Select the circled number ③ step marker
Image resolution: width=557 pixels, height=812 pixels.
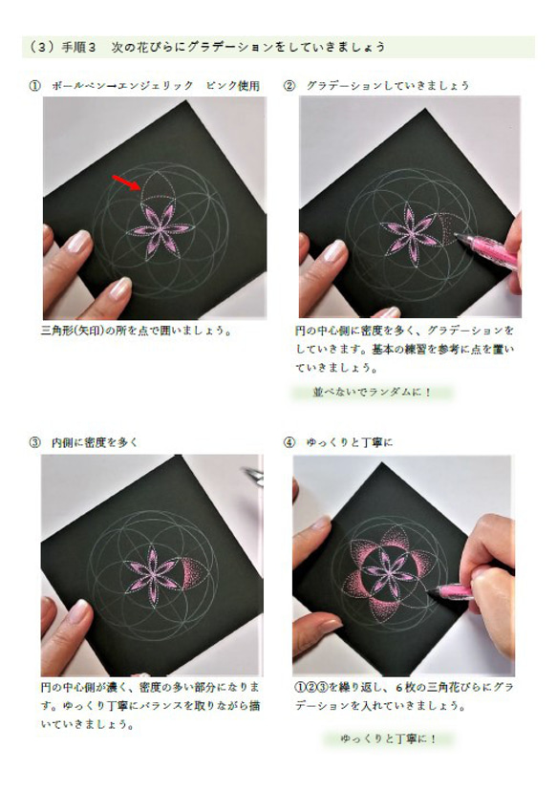(35, 442)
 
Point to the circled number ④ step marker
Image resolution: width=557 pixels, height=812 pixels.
(289, 442)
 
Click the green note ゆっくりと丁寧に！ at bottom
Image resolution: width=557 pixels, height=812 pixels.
(387, 738)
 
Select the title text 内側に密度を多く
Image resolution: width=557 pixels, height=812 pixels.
(96, 442)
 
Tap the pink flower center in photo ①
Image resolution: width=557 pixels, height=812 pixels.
(153, 230)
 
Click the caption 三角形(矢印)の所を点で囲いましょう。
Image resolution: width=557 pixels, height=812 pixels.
(137, 331)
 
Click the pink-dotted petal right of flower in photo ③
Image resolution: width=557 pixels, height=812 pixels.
(197, 570)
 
